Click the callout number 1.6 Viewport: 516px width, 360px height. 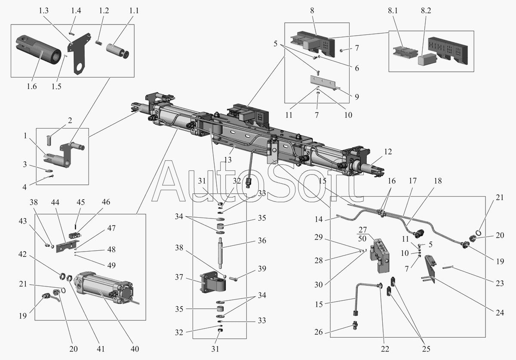click(31, 86)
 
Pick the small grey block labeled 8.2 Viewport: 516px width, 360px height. click(426, 59)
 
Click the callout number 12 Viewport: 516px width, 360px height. click(388, 151)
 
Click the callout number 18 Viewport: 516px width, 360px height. click(438, 181)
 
